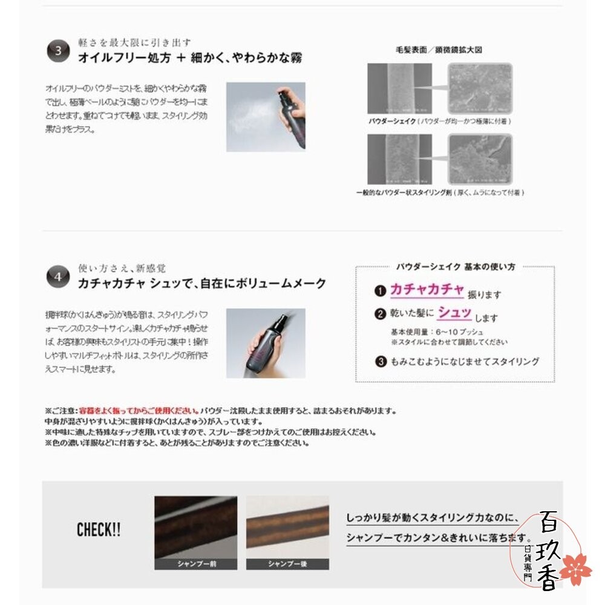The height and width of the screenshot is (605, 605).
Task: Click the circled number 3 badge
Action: coord(58,51)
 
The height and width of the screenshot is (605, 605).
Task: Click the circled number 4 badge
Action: coord(58,277)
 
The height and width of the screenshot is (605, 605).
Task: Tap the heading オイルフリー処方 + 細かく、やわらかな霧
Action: coord(190,58)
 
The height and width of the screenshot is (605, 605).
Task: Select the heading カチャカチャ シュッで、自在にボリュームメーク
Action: coord(202,283)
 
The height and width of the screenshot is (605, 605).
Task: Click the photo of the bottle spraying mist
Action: coord(266,117)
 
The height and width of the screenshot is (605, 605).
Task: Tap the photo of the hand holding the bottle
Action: coord(266,343)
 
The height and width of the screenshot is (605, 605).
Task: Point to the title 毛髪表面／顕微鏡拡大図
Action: coord(439,50)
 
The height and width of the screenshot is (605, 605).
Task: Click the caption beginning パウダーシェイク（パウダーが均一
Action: coord(440,122)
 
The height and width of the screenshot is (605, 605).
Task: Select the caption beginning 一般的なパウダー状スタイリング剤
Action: coord(440,192)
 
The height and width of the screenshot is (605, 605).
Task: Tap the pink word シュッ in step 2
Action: coord(454,313)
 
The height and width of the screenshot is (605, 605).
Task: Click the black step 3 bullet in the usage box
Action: coord(381,362)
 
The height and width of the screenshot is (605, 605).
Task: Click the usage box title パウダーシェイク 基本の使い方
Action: coord(455,266)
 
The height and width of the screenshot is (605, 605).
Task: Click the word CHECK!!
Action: coord(98,531)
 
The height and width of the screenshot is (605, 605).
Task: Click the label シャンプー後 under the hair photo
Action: coord(287,564)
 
